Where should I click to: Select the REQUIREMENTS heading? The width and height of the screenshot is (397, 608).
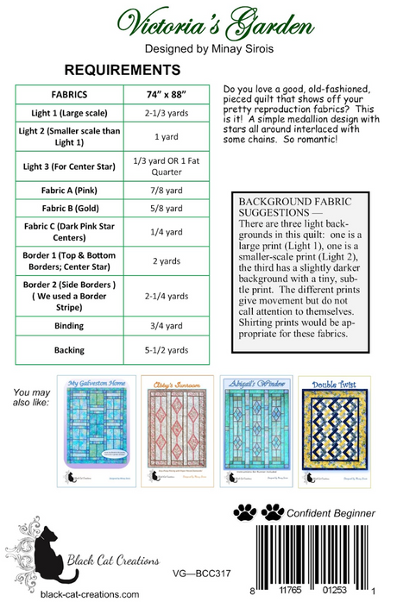coord(123,70)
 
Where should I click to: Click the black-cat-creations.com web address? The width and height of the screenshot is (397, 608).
coord(90,594)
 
